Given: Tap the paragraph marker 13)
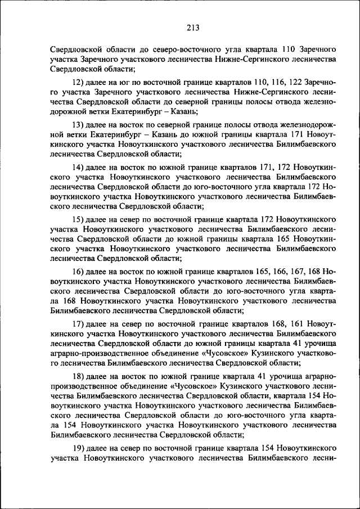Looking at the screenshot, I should point(79,124).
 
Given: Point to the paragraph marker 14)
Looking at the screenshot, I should point(79,168).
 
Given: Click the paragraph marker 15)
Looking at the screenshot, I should point(79,219).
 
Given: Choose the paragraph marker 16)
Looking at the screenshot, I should point(79,271).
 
